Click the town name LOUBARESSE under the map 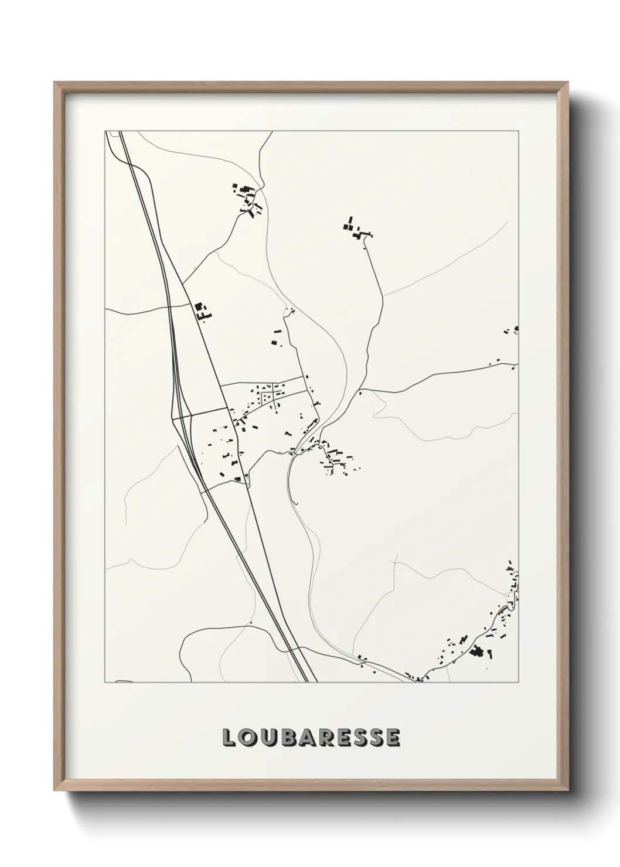[311, 738]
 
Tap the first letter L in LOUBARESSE [229, 738]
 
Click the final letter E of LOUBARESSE [393, 738]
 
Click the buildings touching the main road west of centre [202, 310]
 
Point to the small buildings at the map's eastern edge [512, 330]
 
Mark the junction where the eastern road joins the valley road [360, 389]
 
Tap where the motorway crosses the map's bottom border [312, 682]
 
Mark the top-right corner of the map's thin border [519, 131]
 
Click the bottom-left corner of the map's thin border [105, 682]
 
